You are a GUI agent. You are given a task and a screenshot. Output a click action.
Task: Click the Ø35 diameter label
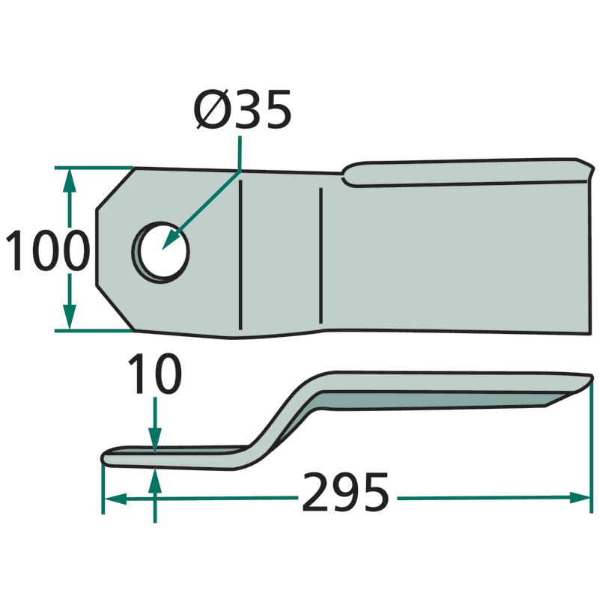243,109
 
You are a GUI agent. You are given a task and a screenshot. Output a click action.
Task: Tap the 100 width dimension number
48,250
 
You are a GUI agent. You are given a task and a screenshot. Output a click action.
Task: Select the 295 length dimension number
346,493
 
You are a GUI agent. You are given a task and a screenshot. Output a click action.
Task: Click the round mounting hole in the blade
161,252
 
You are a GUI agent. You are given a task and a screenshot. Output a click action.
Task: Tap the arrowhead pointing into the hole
170,240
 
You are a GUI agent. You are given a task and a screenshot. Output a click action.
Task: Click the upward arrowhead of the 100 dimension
69,180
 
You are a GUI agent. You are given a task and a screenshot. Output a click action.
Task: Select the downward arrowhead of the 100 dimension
69,317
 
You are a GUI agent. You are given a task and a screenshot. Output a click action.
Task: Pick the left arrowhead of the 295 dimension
115,499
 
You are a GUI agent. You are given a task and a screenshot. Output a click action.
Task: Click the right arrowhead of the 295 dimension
580,498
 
